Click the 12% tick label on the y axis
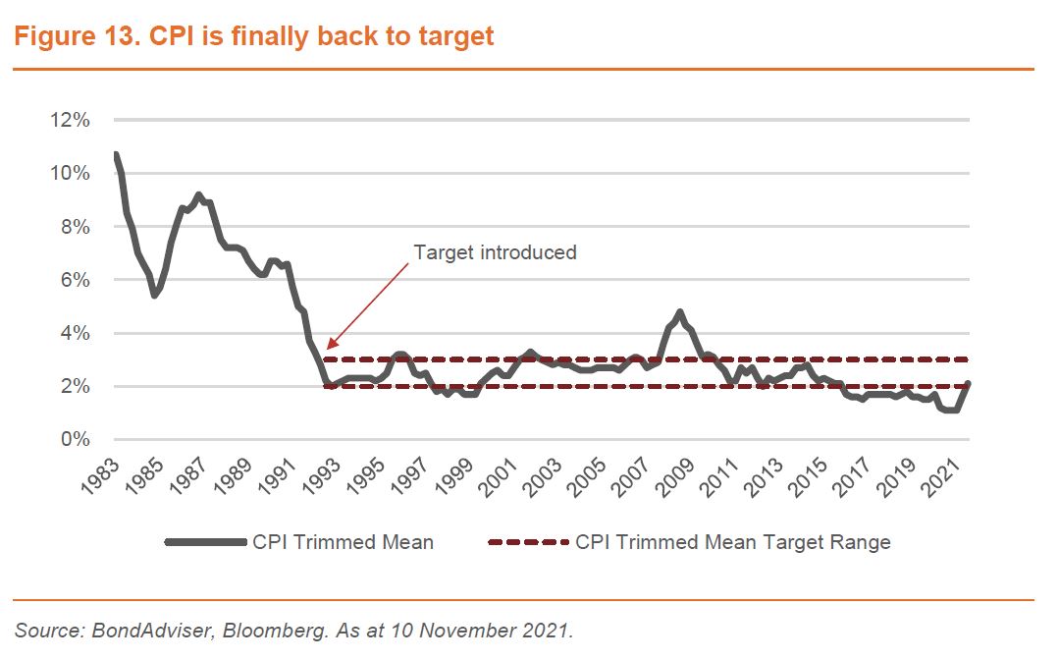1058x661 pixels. [x=69, y=120]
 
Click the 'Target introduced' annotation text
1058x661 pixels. [x=495, y=252]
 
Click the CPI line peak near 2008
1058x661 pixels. [x=679, y=312]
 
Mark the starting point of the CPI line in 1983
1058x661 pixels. [x=116, y=154]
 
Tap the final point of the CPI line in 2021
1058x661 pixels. [x=969, y=383]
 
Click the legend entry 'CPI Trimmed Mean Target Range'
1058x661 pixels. [x=732, y=541]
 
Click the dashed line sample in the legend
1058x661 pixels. [x=527, y=541]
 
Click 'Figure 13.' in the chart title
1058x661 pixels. [x=70, y=37]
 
